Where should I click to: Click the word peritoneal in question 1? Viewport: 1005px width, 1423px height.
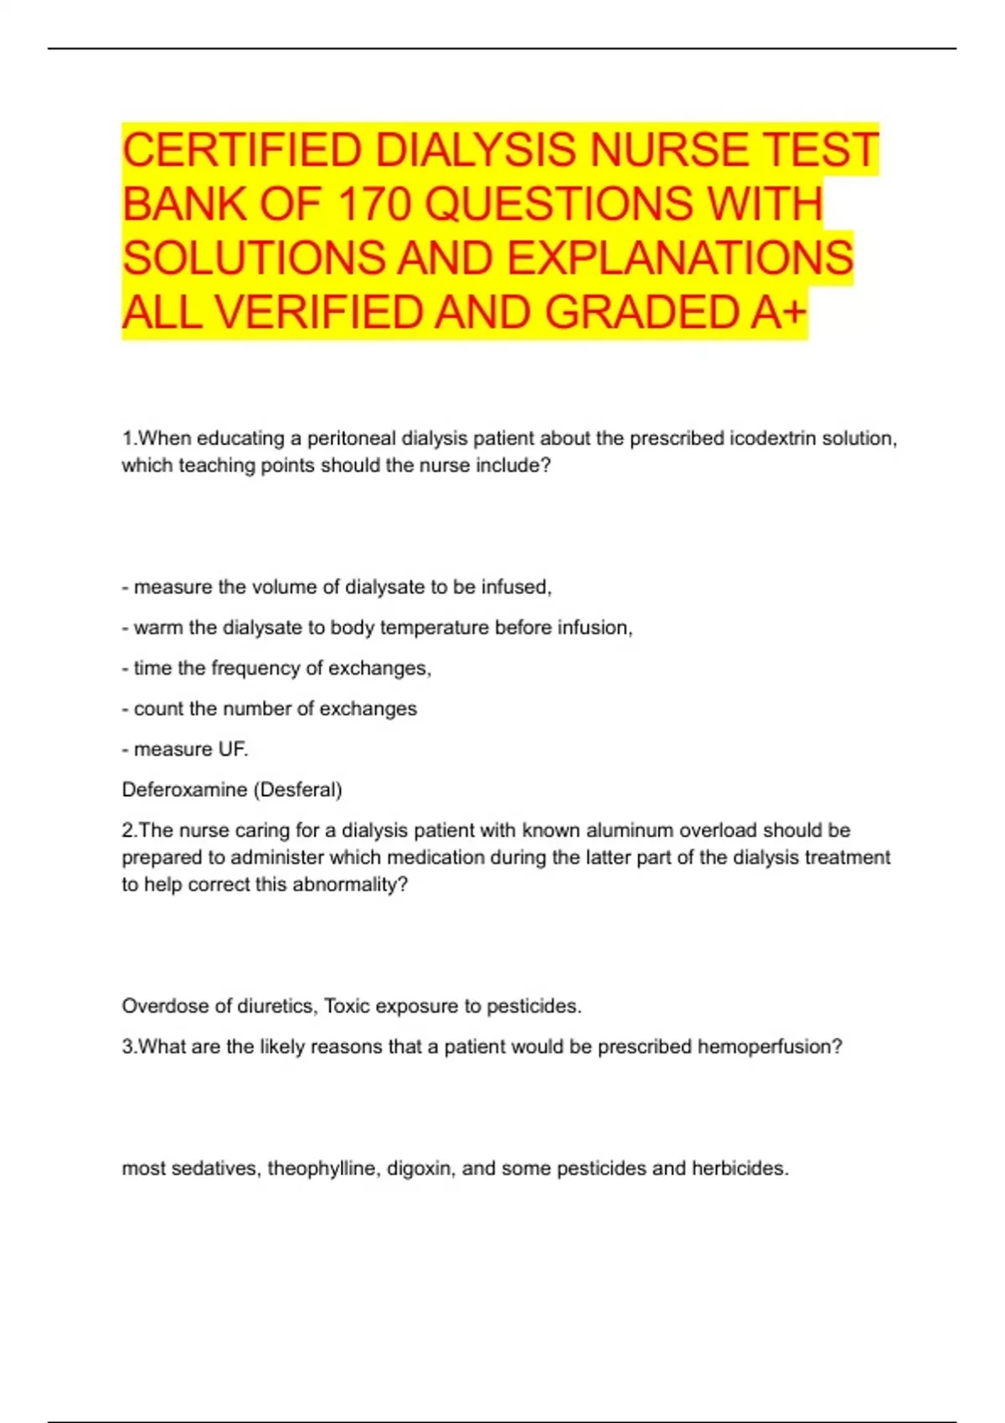(x=352, y=439)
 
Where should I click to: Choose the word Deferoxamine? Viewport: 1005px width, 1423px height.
(x=184, y=789)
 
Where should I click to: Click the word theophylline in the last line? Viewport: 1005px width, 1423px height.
(x=322, y=1169)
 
